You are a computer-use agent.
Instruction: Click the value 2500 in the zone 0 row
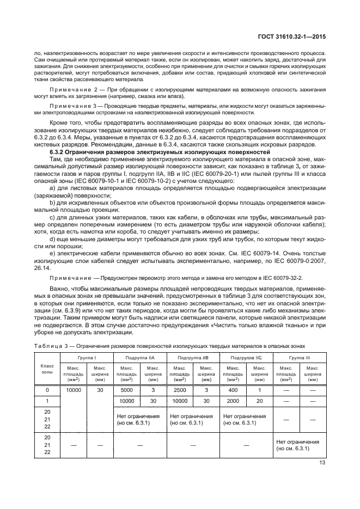point(179,390)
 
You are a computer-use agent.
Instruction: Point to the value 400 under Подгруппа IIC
point(233,390)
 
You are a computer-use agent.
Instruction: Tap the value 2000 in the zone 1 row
point(233,401)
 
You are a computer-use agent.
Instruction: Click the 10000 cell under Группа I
point(74,390)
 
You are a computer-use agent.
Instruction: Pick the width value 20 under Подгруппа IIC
point(260,401)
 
